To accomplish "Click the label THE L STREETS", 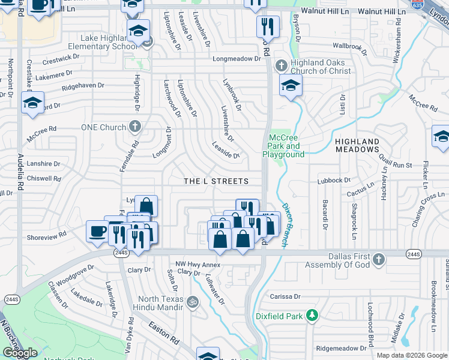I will [215, 181].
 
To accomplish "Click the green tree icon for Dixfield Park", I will [312, 315].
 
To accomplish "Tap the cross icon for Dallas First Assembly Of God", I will [378, 259].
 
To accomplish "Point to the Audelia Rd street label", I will [20, 170].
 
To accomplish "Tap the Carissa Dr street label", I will [285, 296].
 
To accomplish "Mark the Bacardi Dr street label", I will [325, 215].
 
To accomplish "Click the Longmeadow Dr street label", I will [237, 59].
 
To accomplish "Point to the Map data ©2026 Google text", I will [412, 355].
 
